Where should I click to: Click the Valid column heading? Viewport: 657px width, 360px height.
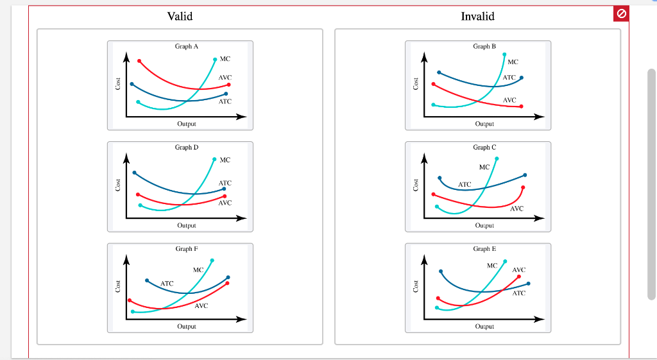(180, 16)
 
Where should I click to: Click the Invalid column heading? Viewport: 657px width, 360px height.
(477, 16)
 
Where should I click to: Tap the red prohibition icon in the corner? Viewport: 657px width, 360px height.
(621, 13)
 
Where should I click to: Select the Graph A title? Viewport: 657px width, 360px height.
(187, 46)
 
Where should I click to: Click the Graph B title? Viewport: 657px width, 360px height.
(484, 46)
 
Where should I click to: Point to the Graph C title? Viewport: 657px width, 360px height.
(484, 147)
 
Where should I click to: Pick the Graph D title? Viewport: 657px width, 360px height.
(187, 147)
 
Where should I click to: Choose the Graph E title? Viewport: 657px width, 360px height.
(484, 248)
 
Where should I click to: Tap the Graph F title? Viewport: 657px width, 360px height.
(187, 248)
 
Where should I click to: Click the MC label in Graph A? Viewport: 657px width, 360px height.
(225, 59)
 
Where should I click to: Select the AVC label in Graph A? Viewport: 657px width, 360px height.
(225, 77)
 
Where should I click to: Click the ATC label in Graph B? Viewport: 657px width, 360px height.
(509, 78)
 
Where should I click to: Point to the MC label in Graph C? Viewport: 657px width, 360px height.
(484, 167)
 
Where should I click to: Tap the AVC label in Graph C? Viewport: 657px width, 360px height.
(516, 209)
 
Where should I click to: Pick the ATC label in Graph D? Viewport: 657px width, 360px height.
(225, 183)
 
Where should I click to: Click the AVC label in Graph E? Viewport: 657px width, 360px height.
(519, 270)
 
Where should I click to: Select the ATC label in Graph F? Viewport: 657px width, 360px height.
(167, 283)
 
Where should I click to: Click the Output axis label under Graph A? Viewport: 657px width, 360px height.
(187, 123)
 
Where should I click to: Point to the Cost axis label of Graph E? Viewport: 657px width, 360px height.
(416, 287)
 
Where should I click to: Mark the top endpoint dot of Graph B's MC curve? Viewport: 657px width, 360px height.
(504, 55)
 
